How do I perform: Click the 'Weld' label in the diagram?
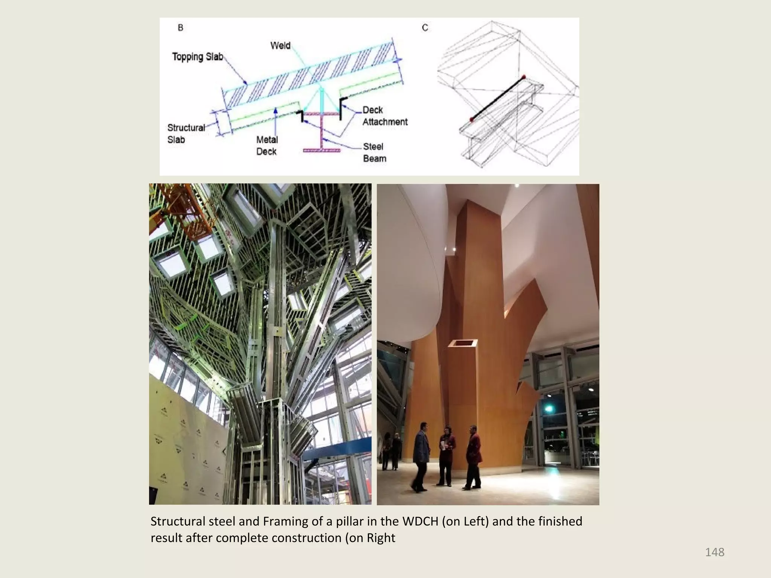[x=280, y=46]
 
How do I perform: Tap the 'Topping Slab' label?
[x=198, y=57]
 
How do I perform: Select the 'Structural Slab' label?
[x=186, y=134]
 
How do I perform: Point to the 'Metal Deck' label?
[x=267, y=146]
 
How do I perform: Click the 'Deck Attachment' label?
[x=385, y=116]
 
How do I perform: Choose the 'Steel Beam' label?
[x=374, y=152]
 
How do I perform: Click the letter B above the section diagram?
[x=180, y=28]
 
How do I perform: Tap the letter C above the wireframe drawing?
[x=425, y=28]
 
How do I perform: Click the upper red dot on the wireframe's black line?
[x=523, y=77]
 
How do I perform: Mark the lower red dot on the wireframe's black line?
[x=471, y=120]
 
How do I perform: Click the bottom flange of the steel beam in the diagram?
[x=322, y=150]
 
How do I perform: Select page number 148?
[x=715, y=552]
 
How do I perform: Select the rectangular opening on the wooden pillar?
[x=463, y=343]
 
